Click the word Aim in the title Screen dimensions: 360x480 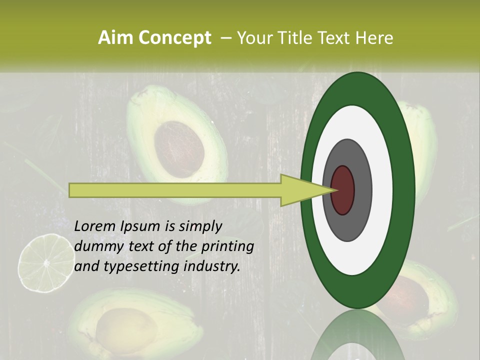[x=112, y=37]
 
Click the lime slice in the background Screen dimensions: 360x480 [x=45, y=263]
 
